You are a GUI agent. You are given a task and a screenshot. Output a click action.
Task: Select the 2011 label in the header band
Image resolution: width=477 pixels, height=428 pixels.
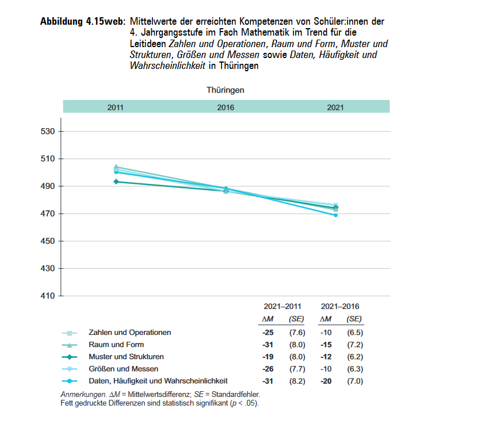(x=115, y=107)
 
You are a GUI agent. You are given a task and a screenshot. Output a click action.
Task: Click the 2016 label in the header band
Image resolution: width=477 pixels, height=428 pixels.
(x=226, y=107)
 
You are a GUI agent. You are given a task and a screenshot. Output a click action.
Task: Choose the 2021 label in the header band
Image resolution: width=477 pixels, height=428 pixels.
(x=335, y=107)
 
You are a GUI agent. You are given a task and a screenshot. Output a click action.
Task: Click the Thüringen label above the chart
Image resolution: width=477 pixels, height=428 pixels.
(x=226, y=90)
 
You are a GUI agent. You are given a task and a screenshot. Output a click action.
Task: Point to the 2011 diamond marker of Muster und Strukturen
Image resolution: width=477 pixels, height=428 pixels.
(x=116, y=182)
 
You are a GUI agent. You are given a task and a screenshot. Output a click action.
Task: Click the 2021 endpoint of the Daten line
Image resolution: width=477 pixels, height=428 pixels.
(x=335, y=215)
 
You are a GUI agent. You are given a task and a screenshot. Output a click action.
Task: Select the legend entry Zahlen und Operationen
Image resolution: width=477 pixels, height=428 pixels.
(x=129, y=333)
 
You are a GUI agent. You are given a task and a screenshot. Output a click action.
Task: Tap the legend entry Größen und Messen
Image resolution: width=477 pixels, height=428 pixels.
(x=123, y=369)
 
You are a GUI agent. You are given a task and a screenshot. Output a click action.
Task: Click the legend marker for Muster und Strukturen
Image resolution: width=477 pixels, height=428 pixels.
(x=69, y=357)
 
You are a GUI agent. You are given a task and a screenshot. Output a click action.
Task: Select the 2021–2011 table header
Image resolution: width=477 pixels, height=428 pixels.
(x=282, y=307)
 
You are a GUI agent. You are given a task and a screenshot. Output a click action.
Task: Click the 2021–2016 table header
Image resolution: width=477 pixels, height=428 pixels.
(x=340, y=307)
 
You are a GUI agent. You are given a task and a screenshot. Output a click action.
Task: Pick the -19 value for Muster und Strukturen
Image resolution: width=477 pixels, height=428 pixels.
(x=268, y=357)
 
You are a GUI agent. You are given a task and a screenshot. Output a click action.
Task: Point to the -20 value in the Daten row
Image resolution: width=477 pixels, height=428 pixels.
(x=326, y=381)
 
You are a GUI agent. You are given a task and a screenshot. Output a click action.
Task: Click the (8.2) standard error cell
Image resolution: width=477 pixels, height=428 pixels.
(x=297, y=381)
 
